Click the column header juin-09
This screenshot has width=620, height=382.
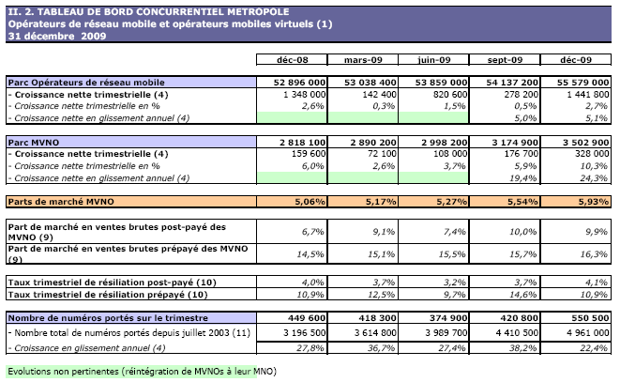432,60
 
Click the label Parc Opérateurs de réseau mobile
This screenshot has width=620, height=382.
85,83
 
